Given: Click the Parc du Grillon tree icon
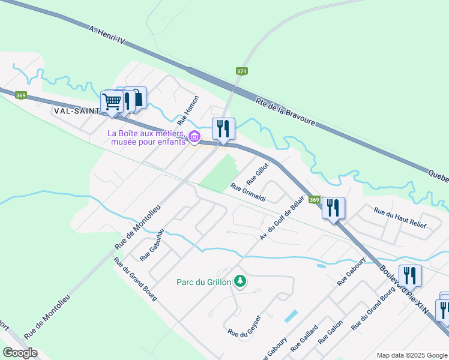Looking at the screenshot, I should click(x=240, y=281).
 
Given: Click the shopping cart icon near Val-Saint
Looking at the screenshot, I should click(x=112, y=102).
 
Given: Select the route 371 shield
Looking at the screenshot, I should click(x=241, y=71).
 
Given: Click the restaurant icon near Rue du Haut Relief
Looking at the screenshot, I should click(x=333, y=208).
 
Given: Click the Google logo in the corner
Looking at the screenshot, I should click(x=20, y=353).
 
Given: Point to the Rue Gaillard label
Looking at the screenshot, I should click(x=304, y=339).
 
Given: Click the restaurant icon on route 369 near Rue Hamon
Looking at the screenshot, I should click(x=223, y=128).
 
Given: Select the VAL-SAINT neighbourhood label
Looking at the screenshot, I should click(x=77, y=110).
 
